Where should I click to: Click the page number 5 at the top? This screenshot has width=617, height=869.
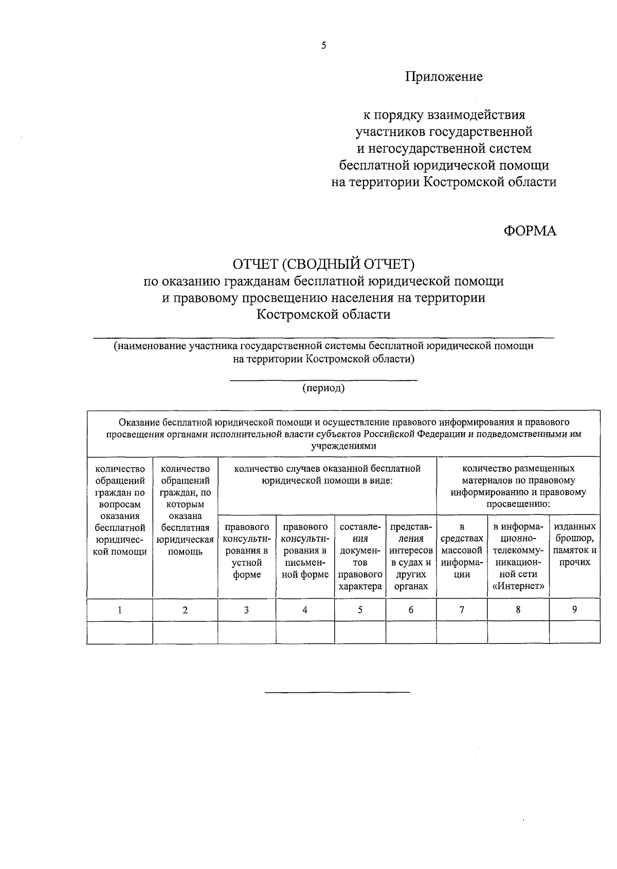(x=323, y=46)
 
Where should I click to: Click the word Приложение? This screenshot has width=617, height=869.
(x=444, y=77)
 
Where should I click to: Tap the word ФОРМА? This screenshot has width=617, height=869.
(x=530, y=231)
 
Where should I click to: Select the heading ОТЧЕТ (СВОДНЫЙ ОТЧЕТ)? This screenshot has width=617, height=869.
(x=323, y=264)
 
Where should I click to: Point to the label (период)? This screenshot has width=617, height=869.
(x=323, y=388)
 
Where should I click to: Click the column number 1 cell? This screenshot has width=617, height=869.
(x=120, y=610)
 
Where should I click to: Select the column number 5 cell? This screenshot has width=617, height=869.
(x=360, y=610)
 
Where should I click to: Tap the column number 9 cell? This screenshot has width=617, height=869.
(x=574, y=609)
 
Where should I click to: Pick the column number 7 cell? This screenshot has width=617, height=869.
(x=462, y=610)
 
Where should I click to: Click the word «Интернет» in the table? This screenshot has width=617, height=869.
(x=518, y=586)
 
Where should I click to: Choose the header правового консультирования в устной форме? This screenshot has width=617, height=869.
(x=247, y=551)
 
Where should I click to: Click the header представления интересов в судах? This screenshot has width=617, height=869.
(x=411, y=557)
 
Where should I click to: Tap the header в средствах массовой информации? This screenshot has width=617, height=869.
(x=462, y=551)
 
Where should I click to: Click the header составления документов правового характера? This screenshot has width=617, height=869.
(x=360, y=557)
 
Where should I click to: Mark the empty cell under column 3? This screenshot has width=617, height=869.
(x=247, y=633)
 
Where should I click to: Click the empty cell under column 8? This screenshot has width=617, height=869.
(x=518, y=633)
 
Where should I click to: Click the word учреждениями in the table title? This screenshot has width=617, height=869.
(x=343, y=446)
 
